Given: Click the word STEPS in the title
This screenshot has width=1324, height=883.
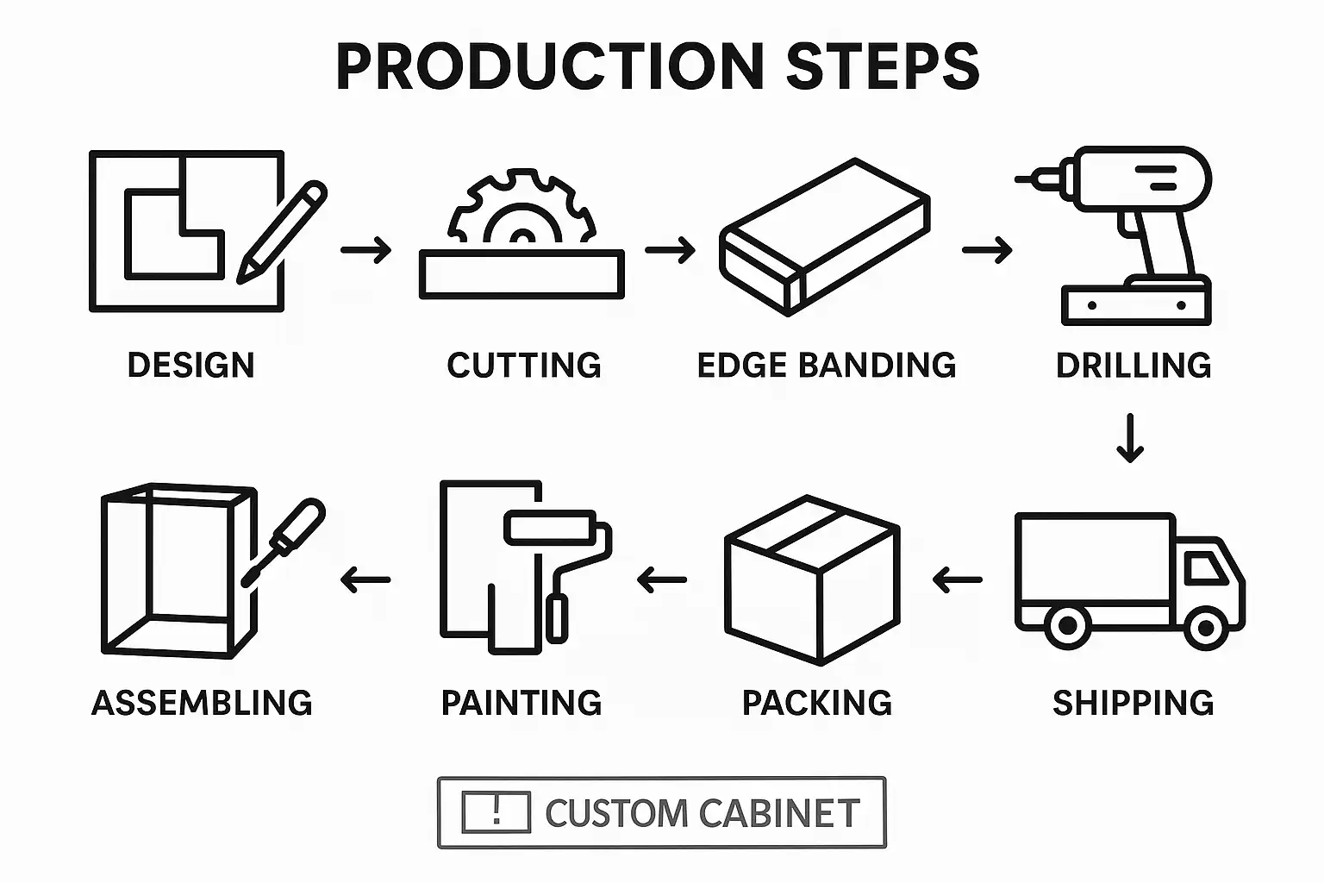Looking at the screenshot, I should coord(883,66).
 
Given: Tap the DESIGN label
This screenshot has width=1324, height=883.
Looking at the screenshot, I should coord(190,365).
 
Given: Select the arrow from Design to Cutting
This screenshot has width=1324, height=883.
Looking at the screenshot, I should coord(365,250).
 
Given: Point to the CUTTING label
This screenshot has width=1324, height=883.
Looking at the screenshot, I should coord(524,365).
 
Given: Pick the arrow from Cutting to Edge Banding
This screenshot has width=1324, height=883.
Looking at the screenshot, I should coord(670,250).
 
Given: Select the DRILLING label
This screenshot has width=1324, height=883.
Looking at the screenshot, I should coord(1134,365).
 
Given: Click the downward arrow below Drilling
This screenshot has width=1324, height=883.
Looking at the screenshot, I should coord(1129,438).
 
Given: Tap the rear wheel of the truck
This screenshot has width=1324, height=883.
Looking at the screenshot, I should coord(1067,625).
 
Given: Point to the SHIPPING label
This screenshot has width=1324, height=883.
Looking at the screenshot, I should coord(1133,703).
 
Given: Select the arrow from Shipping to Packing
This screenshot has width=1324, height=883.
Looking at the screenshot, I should coord(957,579).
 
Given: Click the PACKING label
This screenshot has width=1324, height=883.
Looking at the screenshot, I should coord(816,703).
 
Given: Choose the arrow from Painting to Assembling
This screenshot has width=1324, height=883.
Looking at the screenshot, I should coord(365,579).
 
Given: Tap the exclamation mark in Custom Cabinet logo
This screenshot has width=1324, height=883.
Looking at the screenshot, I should coord(496,811).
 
